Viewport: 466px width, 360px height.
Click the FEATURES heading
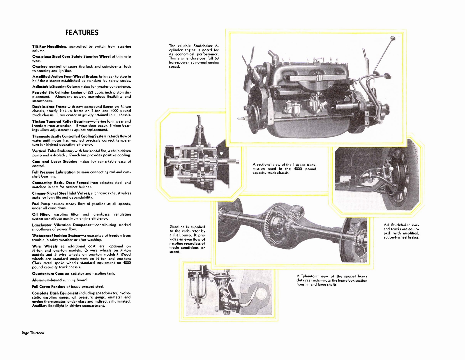pos(82,33)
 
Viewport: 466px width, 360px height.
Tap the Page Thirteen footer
pos(33,333)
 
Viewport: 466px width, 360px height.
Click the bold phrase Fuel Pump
pos(41,204)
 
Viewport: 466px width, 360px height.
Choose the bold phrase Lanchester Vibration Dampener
pos(61,225)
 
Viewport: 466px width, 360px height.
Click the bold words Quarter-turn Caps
pos(48,273)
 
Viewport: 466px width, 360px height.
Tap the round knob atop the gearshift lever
pos(393,38)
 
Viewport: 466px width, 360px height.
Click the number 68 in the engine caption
pos(216,58)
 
